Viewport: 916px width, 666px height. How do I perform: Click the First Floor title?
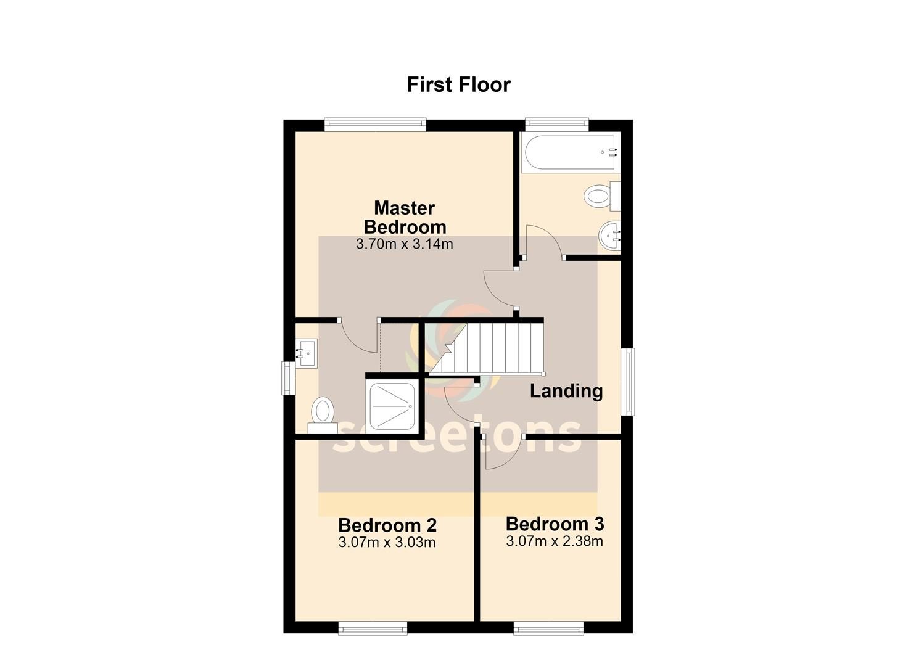pyautogui.click(x=458, y=84)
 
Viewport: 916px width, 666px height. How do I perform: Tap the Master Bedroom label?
pyautogui.click(x=405, y=217)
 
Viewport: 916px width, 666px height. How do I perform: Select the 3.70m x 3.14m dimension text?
pyautogui.click(x=405, y=244)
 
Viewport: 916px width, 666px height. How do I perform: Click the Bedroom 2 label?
pyautogui.click(x=387, y=525)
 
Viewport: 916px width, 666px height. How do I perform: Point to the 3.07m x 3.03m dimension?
pyautogui.click(x=387, y=543)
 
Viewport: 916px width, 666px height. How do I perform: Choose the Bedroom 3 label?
pyautogui.click(x=555, y=524)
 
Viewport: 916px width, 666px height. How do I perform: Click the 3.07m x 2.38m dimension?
pyautogui.click(x=555, y=541)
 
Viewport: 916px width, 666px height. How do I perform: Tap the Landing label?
pyautogui.click(x=566, y=391)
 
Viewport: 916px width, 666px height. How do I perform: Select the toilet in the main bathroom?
pyautogui.click(x=603, y=196)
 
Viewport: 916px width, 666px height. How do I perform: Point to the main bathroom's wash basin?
pyautogui.click(x=610, y=236)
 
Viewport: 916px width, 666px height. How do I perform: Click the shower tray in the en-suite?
pyautogui.click(x=393, y=406)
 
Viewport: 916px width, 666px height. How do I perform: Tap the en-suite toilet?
pyautogui.click(x=323, y=415)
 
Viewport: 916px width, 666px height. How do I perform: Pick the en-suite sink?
pyautogui.click(x=307, y=353)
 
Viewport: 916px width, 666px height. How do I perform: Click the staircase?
pyautogui.click(x=486, y=349)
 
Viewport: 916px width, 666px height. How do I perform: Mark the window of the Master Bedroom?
pyautogui.click(x=376, y=125)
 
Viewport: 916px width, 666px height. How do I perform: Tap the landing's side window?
pyautogui.click(x=628, y=382)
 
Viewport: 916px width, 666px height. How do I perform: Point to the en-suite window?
pyautogui.click(x=288, y=378)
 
